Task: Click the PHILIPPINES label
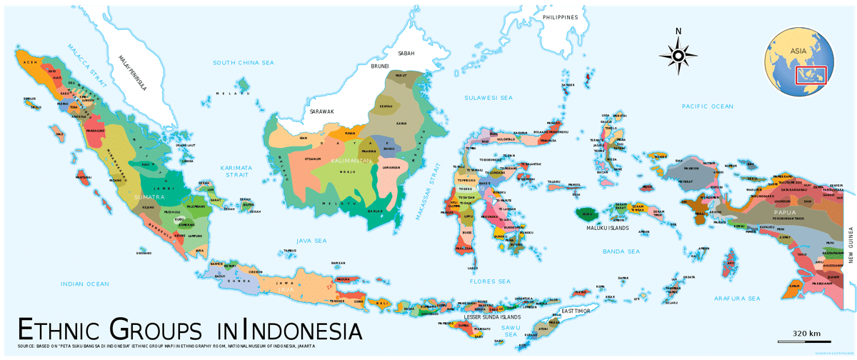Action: coord(559,17)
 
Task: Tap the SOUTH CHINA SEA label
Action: coord(244,63)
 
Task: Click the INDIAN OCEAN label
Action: coord(85,284)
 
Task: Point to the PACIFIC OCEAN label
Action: coord(707,106)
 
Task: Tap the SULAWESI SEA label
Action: coord(488,97)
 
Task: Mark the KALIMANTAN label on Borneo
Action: coord(351,161)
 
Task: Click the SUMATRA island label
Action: coord(149,196)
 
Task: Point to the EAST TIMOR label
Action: coord(576,311)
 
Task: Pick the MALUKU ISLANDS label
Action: coord(608,228)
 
